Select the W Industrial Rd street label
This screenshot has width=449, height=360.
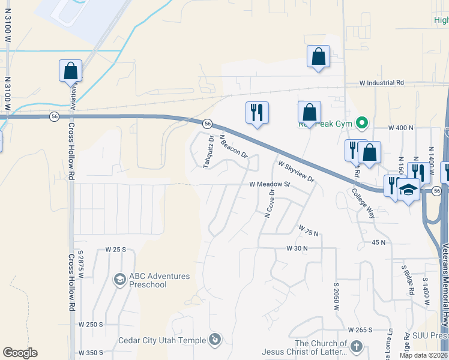tap(382, 83)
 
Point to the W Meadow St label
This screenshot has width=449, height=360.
tap(270, 185)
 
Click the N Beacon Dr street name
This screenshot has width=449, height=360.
tap(234, 146)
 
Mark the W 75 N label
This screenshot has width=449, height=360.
tap(308, 230)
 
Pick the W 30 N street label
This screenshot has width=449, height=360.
tap(297, 248)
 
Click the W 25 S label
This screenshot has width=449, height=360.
tap(116, 248)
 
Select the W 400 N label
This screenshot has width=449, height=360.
tap(401, 128)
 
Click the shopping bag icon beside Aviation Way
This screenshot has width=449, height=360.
tap(71, 70)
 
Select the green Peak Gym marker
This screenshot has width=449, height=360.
tap(361, 124)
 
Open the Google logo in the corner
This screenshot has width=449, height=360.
tap(20, 353)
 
